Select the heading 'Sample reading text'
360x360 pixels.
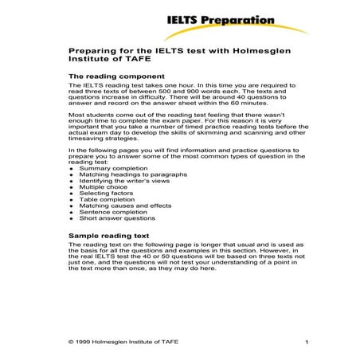104,237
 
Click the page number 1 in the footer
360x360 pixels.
306,342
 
